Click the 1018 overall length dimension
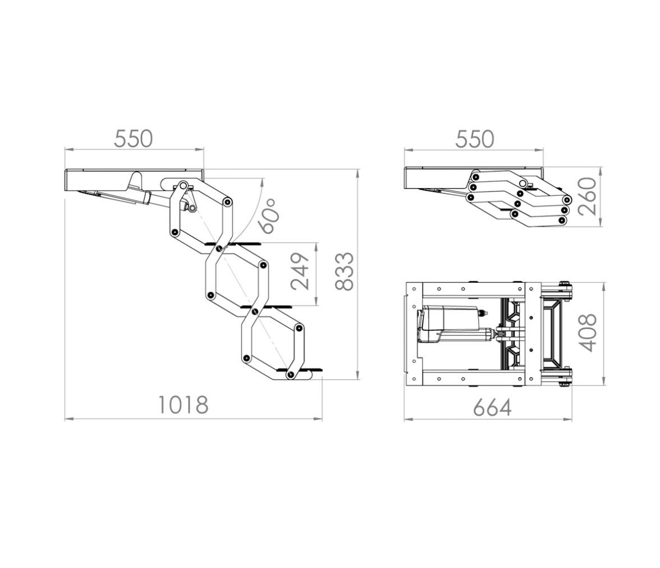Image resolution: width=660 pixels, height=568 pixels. (x=183, y=405)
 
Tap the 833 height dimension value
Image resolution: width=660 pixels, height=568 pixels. (x=345, y=272)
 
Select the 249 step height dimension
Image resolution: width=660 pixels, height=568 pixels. (x=300, y=272)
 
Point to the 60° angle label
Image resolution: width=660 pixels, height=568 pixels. (x=269, y=216)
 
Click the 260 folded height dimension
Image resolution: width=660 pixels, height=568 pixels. (x=588, y=196)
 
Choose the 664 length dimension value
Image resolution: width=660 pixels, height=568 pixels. (x=492, y=407)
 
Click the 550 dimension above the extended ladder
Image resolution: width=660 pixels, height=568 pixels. (x=134, y=139)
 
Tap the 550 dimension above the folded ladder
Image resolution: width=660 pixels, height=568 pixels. (x=474, y=139)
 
